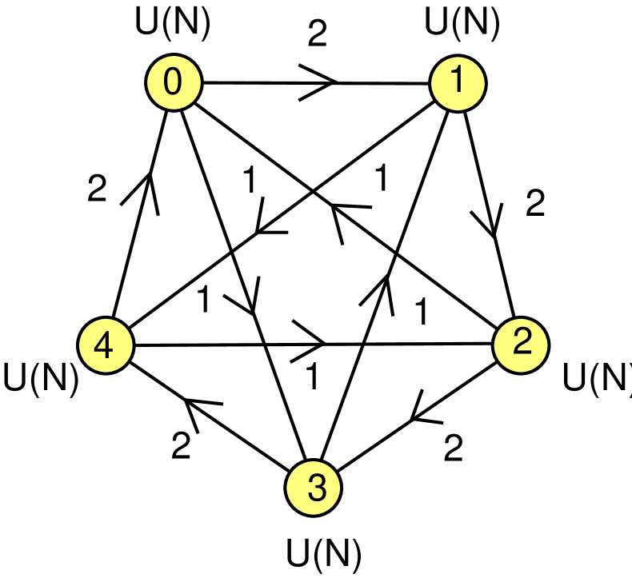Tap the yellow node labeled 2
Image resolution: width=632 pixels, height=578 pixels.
click(521, 345)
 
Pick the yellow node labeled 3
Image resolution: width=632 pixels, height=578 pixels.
click(315, 487)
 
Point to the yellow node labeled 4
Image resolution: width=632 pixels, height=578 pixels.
click(105, 345)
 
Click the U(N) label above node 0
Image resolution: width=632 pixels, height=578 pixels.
click(174, 24)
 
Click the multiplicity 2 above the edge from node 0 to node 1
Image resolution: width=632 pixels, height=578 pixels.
click(318, 34)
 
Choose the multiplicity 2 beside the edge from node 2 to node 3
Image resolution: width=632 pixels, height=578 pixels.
click(453, 448)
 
